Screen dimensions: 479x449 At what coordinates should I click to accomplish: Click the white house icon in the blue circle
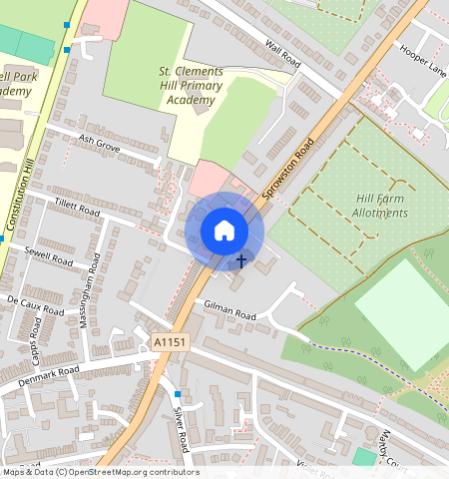pos(224,231)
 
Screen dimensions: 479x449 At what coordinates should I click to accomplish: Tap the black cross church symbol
pos(240,261)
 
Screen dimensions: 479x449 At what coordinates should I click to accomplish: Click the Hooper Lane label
pos(422,59)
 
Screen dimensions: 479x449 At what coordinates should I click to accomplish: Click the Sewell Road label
pos(50,255)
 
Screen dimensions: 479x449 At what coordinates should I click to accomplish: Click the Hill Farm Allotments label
pos(381,205)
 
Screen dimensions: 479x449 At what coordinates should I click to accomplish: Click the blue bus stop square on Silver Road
pos(178,394)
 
